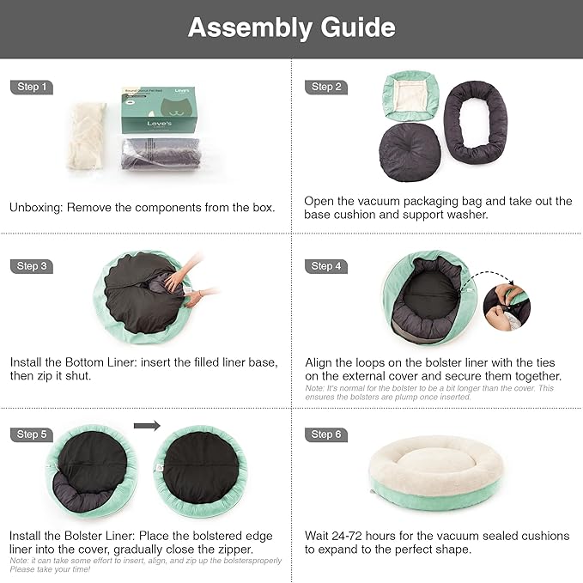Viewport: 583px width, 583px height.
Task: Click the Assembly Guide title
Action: pyautogui.click(x=291, y=27)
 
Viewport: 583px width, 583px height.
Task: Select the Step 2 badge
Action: pyautogui.click(x=326, y=87)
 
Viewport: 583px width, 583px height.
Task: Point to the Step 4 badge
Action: pyautogui.click(x=326, y=266)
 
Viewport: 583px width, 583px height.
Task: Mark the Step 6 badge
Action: pyautogui.click(x=326, y=434)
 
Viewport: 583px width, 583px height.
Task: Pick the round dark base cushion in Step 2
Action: pyautogui.click(x=410, y=151)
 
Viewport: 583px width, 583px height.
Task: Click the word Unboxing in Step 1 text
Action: pyautogui.click(x=35, y=207)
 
